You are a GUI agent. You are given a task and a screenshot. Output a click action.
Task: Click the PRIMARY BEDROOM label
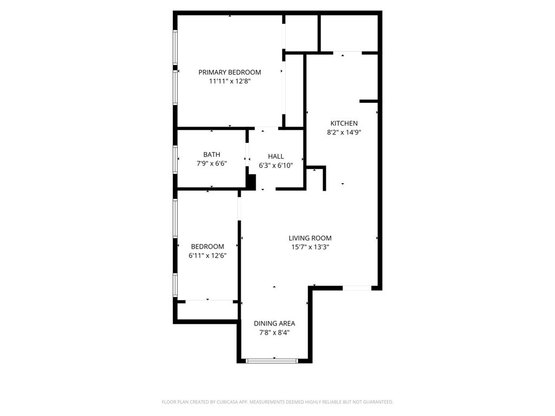(x=230, y=72)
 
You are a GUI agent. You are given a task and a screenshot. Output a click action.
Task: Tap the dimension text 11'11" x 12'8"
(x=230, y=81)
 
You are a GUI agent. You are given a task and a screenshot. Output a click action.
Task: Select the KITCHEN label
(x=344, y=123)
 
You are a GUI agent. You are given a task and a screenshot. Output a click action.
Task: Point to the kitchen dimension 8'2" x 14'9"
(x=344, y=133)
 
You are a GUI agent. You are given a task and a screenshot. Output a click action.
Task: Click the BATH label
(x=212, y=154)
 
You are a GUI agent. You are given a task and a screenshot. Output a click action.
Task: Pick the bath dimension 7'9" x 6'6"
(x=212, y=164)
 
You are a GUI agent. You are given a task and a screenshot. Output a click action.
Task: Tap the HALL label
(x=276, y=157)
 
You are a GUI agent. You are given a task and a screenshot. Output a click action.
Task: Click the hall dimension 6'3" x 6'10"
(x=276, y=166)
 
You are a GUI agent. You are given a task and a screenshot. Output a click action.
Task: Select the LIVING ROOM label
(x=310, y=238)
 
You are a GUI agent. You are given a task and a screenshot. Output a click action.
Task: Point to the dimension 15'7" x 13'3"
(x=310, y=247)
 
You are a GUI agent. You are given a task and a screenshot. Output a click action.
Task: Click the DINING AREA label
(x=274, y=323)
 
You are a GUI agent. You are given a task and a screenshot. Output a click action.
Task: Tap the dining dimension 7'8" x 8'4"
(x=274, y=333)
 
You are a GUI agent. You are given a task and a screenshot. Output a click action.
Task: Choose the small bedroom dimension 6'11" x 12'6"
(x=208, y=256)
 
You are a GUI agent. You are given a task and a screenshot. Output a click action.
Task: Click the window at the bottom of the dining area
(x=272, y=361)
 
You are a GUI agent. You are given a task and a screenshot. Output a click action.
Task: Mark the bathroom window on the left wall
(x=175, y=159)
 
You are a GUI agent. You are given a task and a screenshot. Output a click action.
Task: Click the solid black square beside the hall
(x=251, y=183)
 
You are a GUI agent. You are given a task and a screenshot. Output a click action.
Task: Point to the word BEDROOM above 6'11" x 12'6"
(x=208, y=246)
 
